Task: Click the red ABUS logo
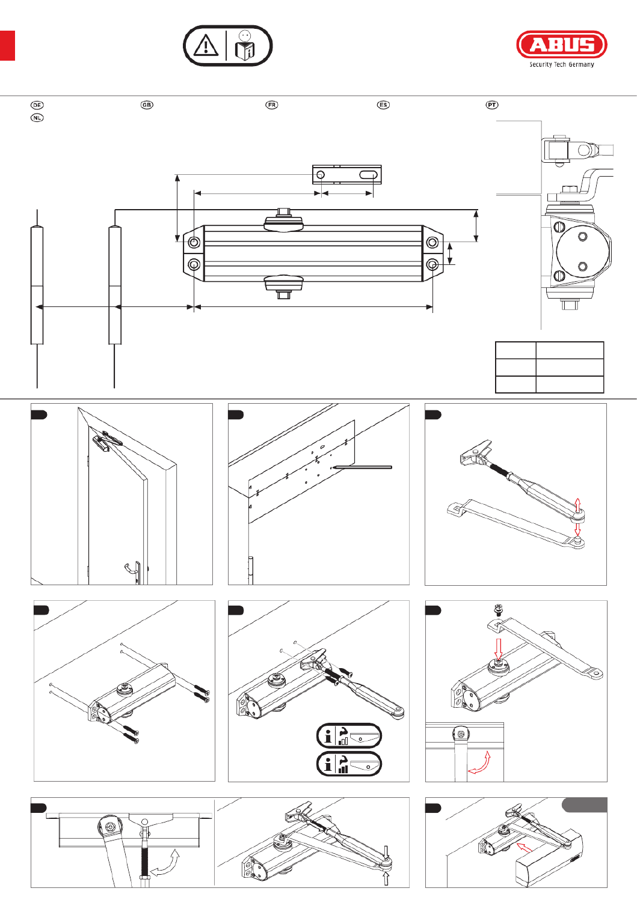pyautogui.click(x=561, y=45)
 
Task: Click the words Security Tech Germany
pyautogui.click(x=561, y=65)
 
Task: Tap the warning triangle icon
pyautogui.click(x=206, y=46)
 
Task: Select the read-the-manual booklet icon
pyautogui.click(x=245, y=46)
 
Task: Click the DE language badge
pyautogui.click(x=37, y=105)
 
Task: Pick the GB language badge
pyautogui.click(x=147, y=105)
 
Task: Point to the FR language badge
pyautogui.click(x=272, y=105)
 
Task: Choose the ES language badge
pyautogui.click(x=383, y=105)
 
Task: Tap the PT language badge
pyautogui.click(x=492, y=105)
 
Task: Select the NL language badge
pyautogui.click(x=37, y=118)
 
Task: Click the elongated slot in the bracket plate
pyautogui.click(x=368, y=175)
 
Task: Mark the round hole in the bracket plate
pyautogui.click(x=321, y=175)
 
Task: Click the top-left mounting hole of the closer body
pyautogui.click(x=194, y=242)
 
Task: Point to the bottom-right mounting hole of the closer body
pyautogui.click(x=432, y=264)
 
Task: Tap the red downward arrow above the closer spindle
pyautogui.click(x=498, y=649)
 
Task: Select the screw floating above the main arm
pyautogui.click(x=498, y=609)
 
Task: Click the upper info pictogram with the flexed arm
pyautogui.click(x=349, y=735)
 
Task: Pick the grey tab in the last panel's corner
pyautogui.click(x=584, y=805)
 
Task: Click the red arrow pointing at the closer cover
pyautogui.click(x=524, y=848)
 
